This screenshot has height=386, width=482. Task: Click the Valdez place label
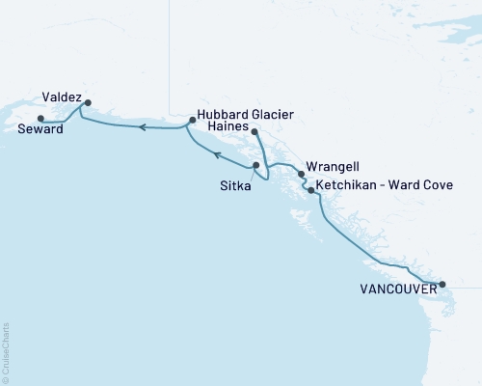(x=61, y=97)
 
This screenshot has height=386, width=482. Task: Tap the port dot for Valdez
(x=88, y=102)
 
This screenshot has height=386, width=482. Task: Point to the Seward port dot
(x=40, y=119)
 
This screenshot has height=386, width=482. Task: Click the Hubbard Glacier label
(x=246, y=113)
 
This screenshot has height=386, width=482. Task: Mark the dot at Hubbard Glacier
(x=193, y=121)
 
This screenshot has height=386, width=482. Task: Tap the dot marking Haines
(x=254, y=131)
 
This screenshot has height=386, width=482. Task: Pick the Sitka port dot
(x=255, y=165)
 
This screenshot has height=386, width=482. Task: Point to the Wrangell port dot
(x=302, y=175)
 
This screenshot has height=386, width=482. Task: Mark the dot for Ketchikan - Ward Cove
(x=309, y=190)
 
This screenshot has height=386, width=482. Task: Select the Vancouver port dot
(x=442, y=284)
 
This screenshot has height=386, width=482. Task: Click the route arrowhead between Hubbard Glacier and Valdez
(x=141, y=126)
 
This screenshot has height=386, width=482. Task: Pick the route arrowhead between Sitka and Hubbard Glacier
(x=218, y=154)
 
